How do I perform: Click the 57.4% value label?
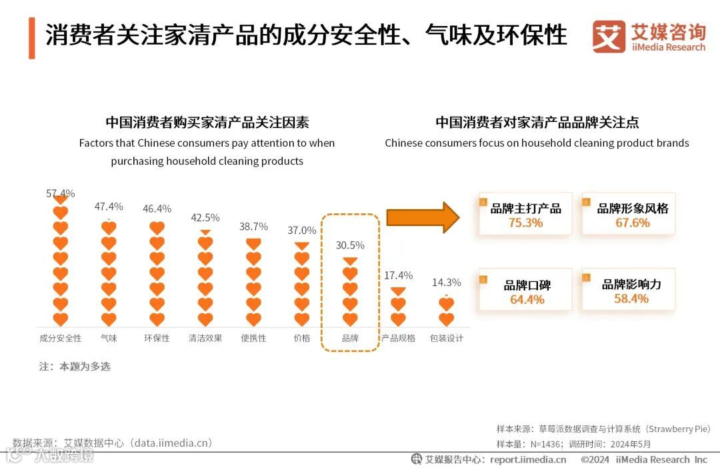(x=60, y=194)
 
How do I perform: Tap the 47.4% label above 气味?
(x=109, y=207)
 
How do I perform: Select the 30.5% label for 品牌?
(x=350, y=245)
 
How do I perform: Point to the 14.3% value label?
(x=446, y=283)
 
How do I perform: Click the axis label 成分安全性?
(x=60, y=338)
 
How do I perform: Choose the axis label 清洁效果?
(x=205, y=338)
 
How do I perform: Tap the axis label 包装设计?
(x=447, y=338)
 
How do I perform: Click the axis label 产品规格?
(x=398, y=338)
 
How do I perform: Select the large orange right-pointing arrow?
(x=423, y=217)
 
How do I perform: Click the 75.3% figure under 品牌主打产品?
(x=525, y=223)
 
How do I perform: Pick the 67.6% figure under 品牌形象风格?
(x=632, y=223)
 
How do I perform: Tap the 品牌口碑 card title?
(x=527, y=286)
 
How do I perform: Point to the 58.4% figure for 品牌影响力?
(x=631, y=299)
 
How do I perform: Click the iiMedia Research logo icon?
(x=609, y=37)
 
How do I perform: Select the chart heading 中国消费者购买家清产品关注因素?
(x=207, y=123)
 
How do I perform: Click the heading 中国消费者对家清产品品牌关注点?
(x=537, y=123)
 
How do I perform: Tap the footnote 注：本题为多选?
(x=75, y=367)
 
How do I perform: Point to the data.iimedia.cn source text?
(x=171, y=443)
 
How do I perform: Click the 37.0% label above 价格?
(x=301, y=231)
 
